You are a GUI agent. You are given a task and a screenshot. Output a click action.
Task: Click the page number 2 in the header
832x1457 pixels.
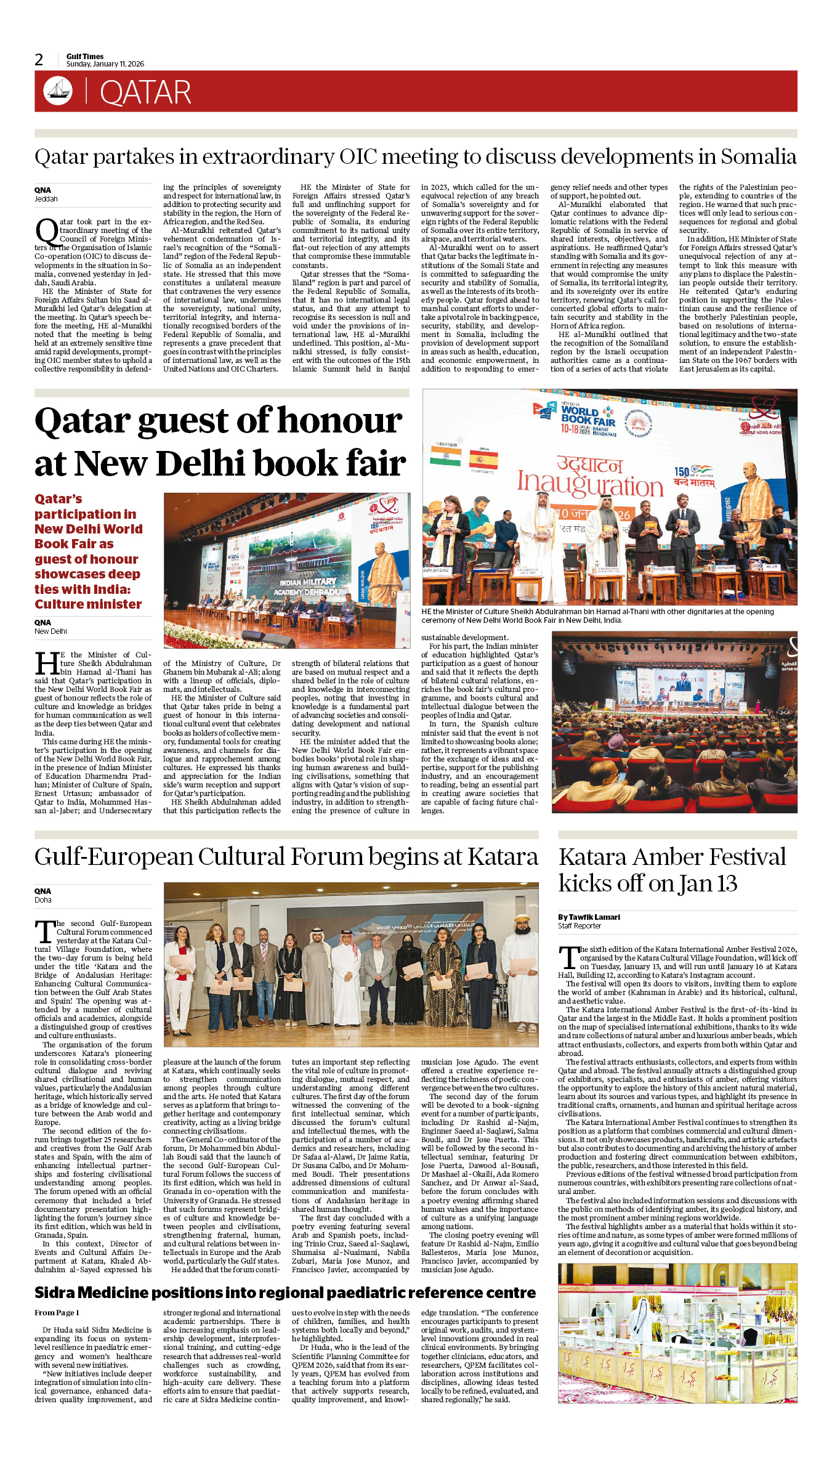point(39,60)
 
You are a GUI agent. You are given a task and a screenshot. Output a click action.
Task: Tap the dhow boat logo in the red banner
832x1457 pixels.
point(58,91)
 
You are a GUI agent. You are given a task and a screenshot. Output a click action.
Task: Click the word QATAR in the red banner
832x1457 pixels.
point(145,92)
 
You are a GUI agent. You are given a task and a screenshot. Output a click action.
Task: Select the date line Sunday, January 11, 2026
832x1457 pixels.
point(105,64)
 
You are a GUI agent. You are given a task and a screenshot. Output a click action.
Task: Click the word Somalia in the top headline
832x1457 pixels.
point(758,156)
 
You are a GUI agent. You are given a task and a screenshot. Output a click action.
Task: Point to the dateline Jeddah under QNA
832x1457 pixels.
point(46,199)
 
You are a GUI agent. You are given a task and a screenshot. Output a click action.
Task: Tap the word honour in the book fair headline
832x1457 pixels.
point(340,421)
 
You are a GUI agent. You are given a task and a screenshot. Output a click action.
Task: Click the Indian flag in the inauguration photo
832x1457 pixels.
point(445,455)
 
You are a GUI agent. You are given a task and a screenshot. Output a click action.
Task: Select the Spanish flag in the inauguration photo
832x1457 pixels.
point(483,459)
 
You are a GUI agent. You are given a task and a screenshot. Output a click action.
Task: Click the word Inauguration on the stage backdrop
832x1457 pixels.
point(589,484)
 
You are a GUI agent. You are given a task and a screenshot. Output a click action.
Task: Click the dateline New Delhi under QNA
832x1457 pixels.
point(50,631)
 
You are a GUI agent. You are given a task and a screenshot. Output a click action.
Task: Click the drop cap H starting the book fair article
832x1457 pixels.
point(47,664)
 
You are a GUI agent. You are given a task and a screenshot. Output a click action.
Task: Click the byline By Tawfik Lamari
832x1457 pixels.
point(589,917)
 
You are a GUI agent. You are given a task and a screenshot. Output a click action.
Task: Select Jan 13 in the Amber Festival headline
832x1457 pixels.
point(708,884)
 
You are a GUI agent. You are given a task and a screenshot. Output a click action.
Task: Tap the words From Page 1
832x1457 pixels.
point(57,1312)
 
